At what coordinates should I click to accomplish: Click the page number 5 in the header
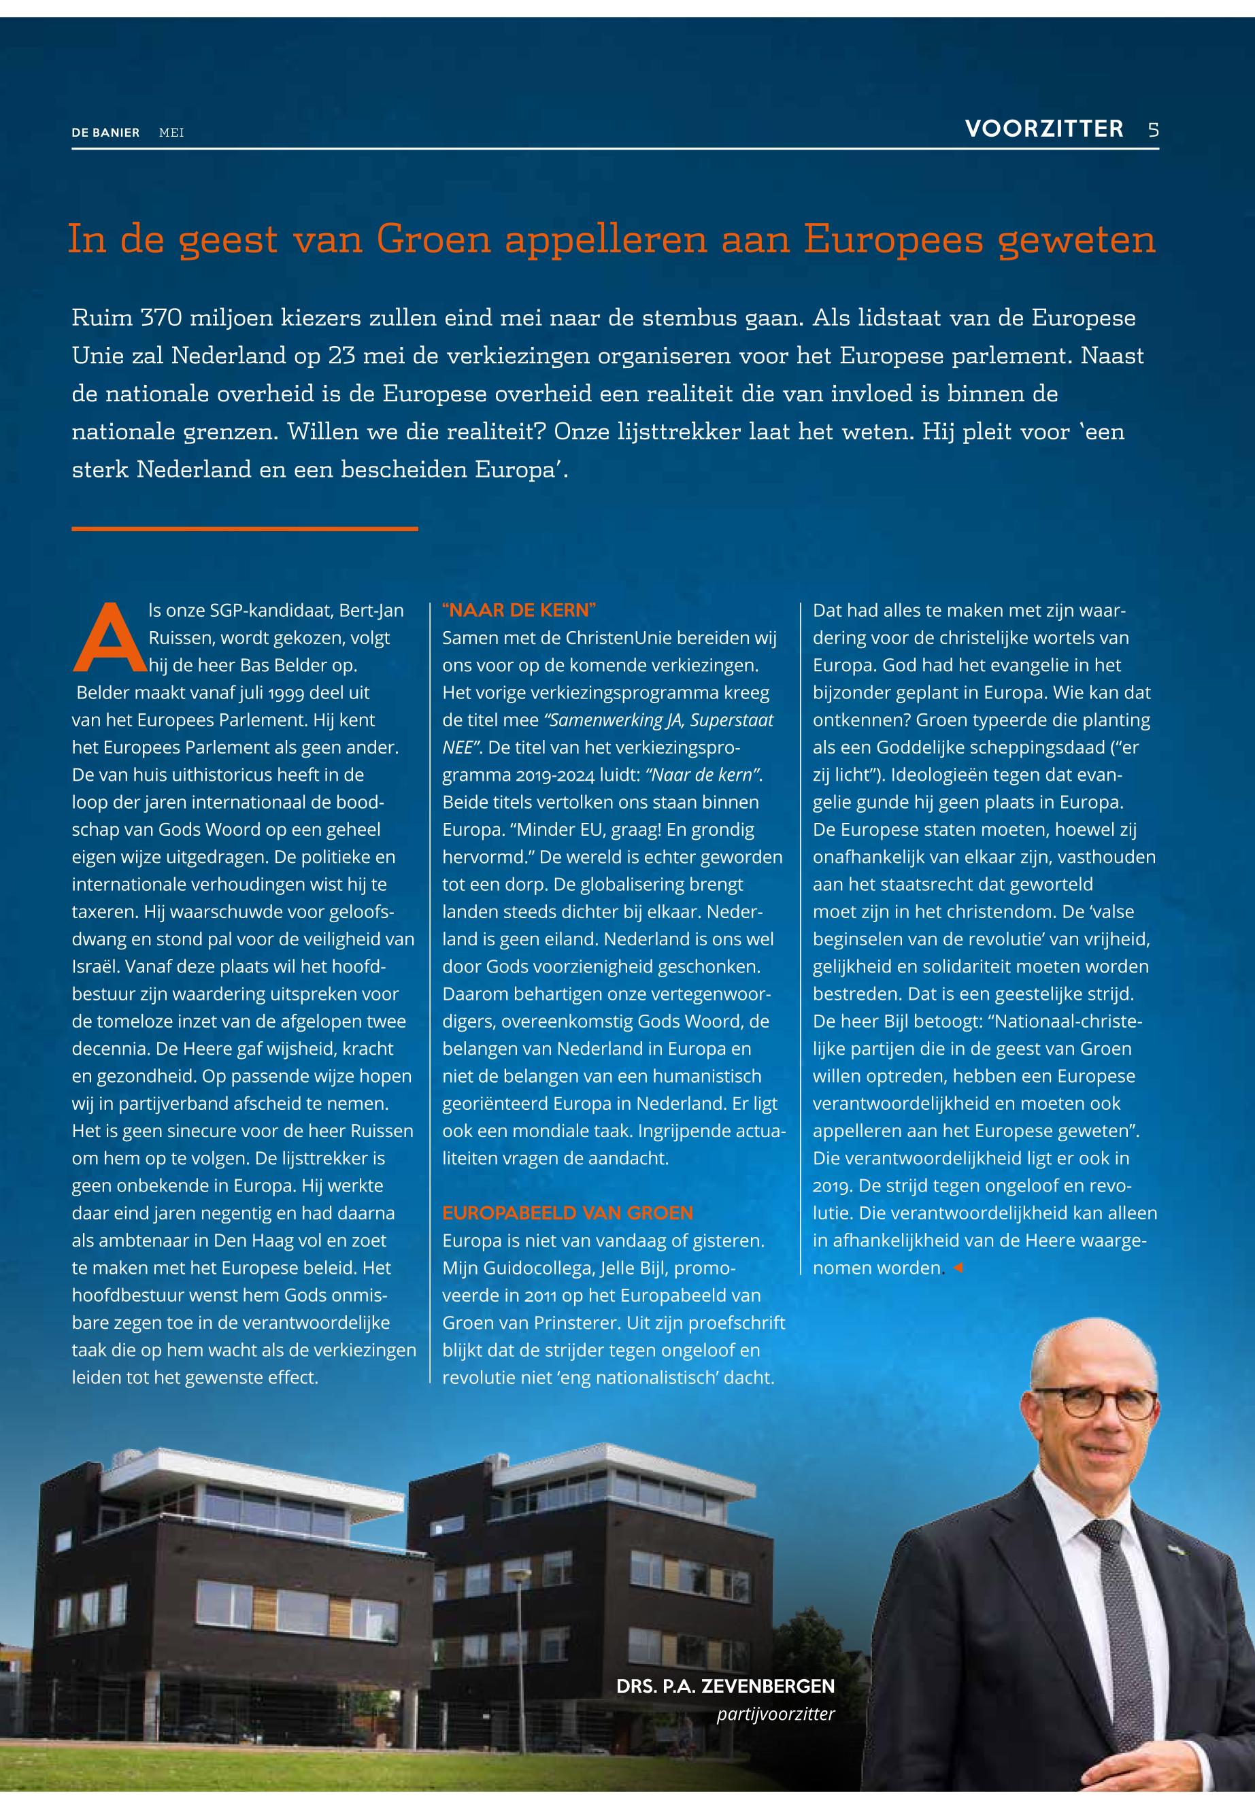[x=1153, y=130]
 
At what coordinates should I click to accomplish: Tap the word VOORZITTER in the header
[x=1044, y=129]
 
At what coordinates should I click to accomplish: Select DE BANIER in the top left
[x=105, y=133]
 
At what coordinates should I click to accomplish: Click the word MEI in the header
[x=171, y=133]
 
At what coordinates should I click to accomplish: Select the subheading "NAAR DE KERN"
[x=519, y=611]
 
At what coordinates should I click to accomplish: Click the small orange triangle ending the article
[x=957, y=1268]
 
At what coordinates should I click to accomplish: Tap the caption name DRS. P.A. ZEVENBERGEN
[x=725, y=1686]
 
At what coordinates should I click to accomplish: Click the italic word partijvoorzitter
[x=775, y=1714]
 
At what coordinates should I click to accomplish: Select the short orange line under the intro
[x=245, y=529]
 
